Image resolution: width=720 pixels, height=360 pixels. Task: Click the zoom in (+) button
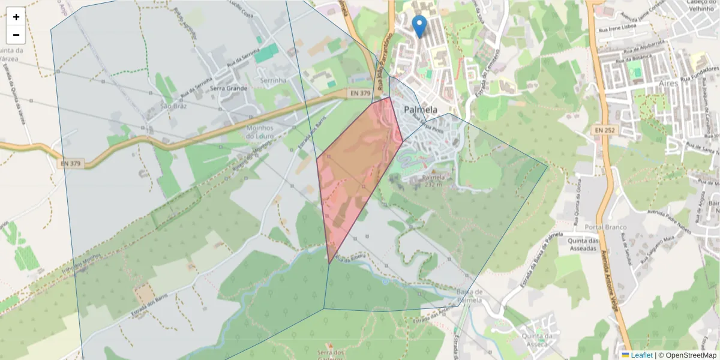[16, 17]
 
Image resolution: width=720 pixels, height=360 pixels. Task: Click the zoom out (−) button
[16, 35]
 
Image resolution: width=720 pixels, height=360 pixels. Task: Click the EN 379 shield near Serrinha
[360, 93]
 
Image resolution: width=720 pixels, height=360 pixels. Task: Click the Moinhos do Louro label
[260, 132]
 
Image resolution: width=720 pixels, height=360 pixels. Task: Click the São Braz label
[174, 106]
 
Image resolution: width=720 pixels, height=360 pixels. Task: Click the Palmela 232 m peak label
[433, 181]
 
